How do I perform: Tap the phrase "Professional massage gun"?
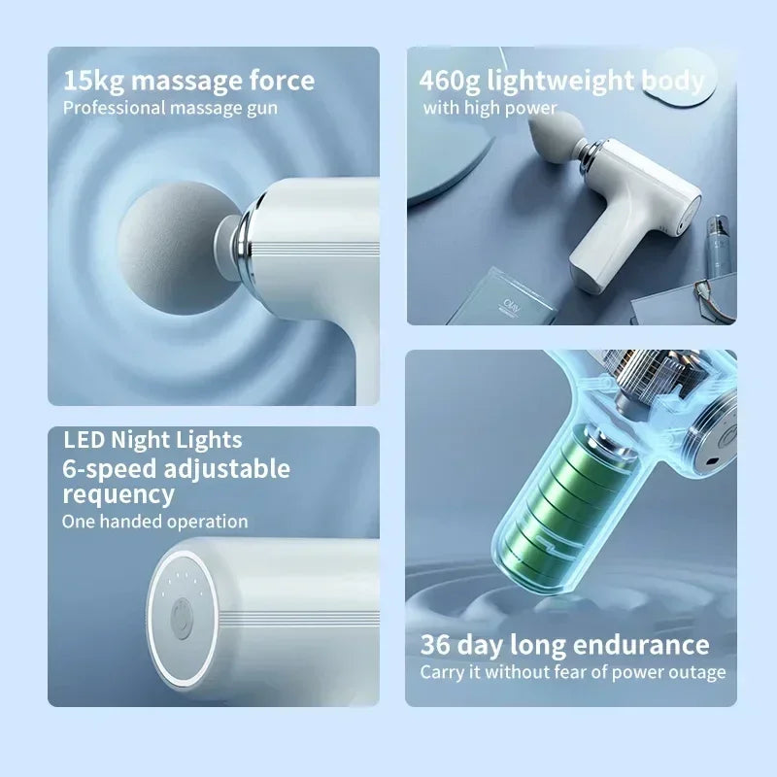click(170, 107)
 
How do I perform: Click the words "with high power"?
click(490, 108)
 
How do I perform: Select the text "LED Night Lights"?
click(152, 441)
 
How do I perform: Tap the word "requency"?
click(118, 494)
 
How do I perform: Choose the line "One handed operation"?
click(155, 522)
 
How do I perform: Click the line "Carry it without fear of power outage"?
click(572, 672)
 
